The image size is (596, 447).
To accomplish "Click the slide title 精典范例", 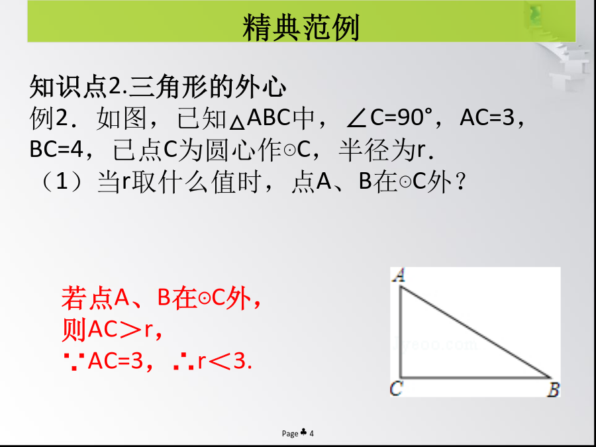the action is pos(301,27).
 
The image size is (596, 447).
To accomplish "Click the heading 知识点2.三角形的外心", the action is pos(158,87).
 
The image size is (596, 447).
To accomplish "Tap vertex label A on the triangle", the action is pos(399,275).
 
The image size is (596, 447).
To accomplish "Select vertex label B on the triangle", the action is pos(554,390).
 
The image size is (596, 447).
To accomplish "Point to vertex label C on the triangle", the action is pos(396,389).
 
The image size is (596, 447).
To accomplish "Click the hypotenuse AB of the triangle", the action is pos(475,332).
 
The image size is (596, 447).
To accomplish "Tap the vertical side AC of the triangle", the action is pos(401,332).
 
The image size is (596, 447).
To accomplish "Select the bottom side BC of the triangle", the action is pos(476,377).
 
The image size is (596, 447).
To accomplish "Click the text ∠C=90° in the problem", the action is pos(389,119).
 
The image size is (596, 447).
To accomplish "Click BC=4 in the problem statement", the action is pos(56,150).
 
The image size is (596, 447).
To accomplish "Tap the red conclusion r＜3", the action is pos(224,361).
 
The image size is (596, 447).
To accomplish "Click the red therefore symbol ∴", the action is pos(183,362).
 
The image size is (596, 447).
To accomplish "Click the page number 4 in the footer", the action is pos(312,433).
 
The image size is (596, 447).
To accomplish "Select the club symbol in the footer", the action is pos(304,432).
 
